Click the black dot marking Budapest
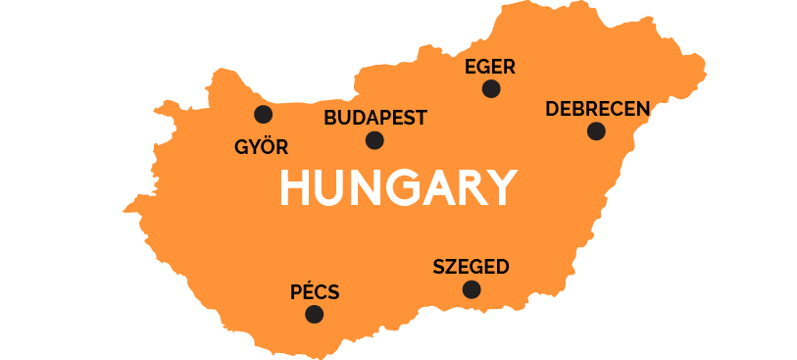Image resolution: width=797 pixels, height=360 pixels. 374,140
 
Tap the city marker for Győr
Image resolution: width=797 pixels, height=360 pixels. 263,114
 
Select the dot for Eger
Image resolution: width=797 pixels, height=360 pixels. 491,89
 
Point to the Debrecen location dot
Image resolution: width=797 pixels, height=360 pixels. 596,131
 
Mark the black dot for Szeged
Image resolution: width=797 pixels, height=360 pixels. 472,289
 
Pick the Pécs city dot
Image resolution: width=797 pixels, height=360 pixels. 314,315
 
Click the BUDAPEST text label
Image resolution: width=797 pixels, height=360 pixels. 375,118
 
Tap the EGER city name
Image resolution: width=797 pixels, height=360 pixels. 490,67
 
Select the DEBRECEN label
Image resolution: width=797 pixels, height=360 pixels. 597,108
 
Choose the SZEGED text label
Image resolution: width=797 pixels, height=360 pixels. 471,267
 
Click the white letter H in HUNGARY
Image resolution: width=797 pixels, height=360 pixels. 296,187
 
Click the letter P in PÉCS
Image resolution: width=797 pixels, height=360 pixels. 297,292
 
